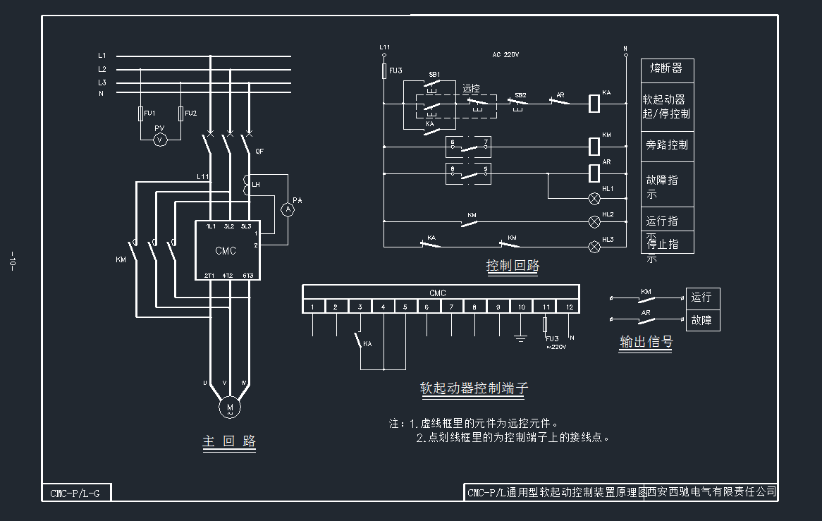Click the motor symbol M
(x=229, y=407)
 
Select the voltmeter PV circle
(x=160, y=140)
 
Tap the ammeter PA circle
(x=288, y=209)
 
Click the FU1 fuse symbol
(x=140, y=114)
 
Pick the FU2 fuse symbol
(x=181, y=114)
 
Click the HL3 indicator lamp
(x=594, y=246)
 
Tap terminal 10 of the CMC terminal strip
(x=522, y=307)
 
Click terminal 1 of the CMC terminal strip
(x=313, y=307)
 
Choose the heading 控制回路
(x=513, y=266)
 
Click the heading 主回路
(x=229, y=442)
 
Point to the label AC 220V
(x=505, y=54)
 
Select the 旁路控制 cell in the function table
(x=667, y=145)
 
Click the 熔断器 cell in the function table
(x=666, y=68)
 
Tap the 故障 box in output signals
(x=702, y=320)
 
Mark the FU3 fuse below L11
(x=384, y=71)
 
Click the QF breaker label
(x=259, y=152)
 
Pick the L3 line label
(x=102, y=82)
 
